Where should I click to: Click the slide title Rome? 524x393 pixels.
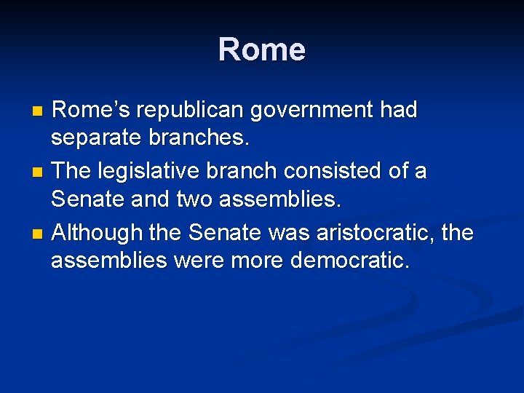pos(261,49)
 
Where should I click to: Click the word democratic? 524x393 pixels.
pos(349,260)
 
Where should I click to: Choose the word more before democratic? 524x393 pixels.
pos(255,260)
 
